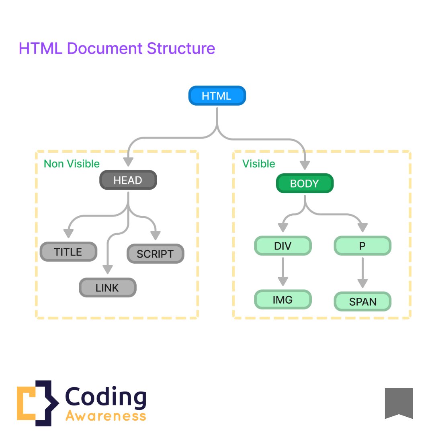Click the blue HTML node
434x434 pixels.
point(217,96)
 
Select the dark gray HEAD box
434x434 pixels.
point(128,180)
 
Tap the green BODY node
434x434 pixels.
point(305,184)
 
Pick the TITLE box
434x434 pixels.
point(68,252)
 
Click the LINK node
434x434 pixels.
point(107,287)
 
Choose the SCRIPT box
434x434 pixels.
point(155,254)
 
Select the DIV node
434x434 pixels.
point(283,246)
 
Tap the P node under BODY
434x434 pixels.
point(362,246)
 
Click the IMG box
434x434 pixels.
point(283,299)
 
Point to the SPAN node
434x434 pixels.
point(362,302)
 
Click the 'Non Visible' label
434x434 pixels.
point(72,164)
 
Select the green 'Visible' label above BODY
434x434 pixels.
point(259,164)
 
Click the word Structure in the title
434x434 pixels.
point(181,49)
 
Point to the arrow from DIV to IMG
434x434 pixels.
point(283,272)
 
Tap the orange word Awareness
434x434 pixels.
point(106,416)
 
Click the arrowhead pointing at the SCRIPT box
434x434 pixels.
point(156,235)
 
